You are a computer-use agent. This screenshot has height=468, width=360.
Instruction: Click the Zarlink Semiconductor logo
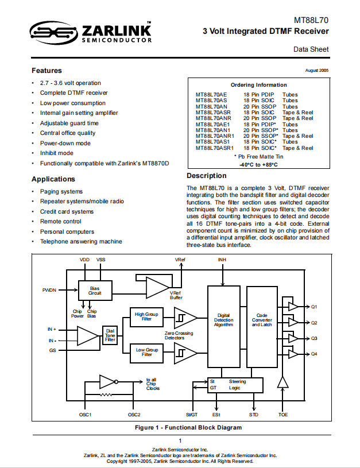(x=91, y=33)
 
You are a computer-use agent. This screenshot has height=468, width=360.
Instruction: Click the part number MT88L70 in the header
(x=311, y=20)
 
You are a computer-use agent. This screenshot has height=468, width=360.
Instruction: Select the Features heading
(x=47, y=71)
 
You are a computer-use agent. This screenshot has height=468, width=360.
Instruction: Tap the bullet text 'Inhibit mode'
(x=57, y=153)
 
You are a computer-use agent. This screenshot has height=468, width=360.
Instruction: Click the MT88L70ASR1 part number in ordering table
(x=215, y=148)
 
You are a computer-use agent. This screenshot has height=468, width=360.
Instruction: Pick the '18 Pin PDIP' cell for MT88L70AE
(x=258, y=95)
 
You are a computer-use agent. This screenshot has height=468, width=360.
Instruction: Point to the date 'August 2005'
(x=317, y=71)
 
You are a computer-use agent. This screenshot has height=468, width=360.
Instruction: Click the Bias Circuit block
(x=95, y=291)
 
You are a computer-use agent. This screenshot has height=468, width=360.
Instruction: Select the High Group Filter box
(x=146, y=317)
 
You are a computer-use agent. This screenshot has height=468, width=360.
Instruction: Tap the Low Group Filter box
(x=146, y=353)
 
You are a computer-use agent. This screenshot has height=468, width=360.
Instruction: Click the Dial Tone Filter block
(x=110, y=335)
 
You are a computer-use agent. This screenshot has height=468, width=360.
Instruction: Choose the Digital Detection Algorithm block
(x=224, y=327)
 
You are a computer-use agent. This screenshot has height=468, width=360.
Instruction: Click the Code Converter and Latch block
(x=262, y=327)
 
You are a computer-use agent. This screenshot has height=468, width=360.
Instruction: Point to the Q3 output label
(x=314, y=338)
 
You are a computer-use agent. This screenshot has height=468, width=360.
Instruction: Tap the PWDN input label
(x=49, y=290)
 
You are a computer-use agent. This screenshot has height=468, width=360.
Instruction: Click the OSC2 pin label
(x=134, y=415)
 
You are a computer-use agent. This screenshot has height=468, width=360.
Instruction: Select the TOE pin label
(x=283, y=415)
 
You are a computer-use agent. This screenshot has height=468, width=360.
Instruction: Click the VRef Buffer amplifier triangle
(x=156, y=288)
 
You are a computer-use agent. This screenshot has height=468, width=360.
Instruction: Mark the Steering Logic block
(x=235, y=385)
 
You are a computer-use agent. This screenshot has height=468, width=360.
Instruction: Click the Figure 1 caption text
(x=188, y=427)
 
